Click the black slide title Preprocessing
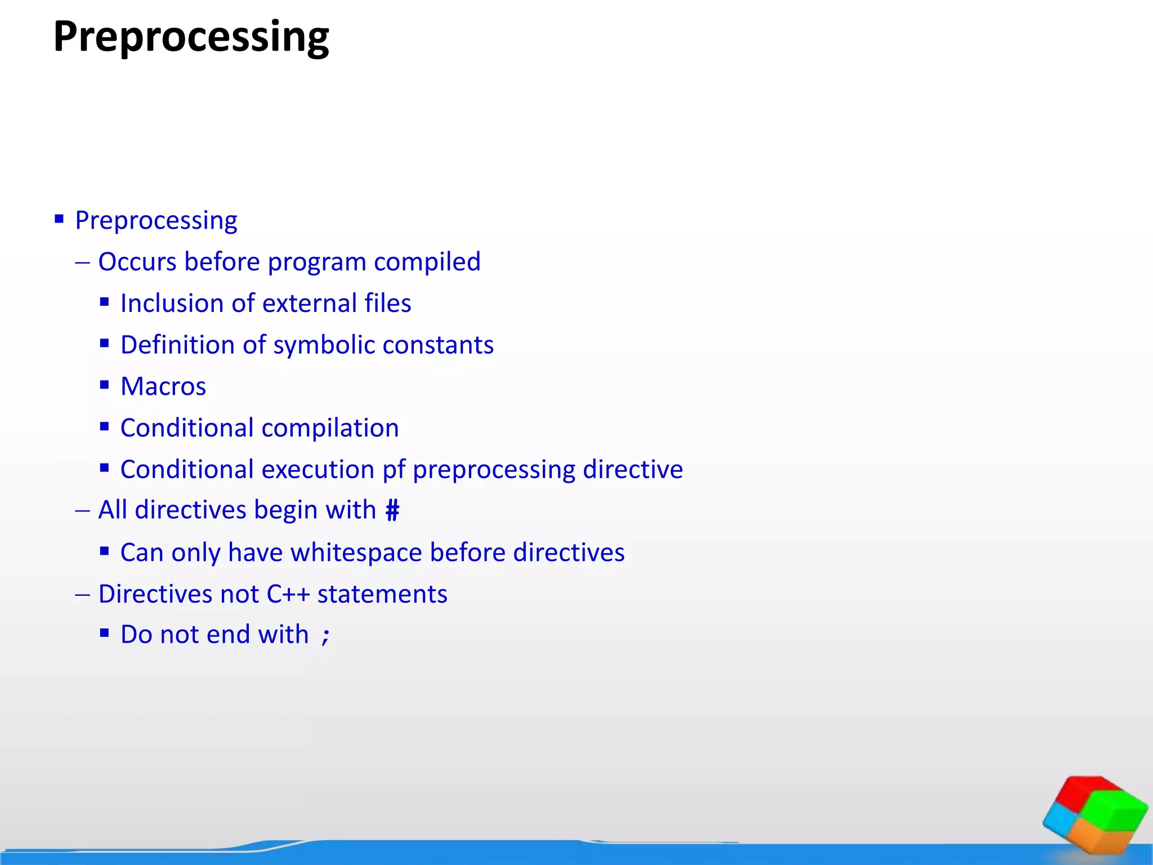click(x=191, y=37)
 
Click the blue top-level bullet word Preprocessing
click(x=156, y=220)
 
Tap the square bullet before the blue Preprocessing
click(x=59, y=219)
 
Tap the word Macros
click(x=163, y=387)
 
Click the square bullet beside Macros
click(x=104, y=385)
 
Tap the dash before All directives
click(x=82, y=511)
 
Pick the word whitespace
click(x=356, y=552)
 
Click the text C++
click(x=288, y=594)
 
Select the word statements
click(x=382, y=594)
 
